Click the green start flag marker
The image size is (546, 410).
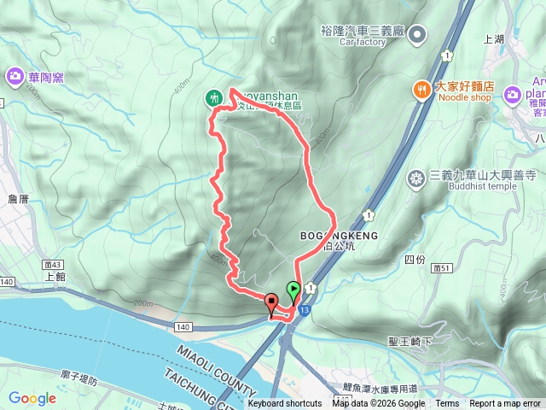293,290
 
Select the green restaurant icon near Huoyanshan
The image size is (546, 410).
213,98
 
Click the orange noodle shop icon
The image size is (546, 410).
421,88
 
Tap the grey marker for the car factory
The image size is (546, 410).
417,35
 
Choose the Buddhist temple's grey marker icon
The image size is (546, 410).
416,179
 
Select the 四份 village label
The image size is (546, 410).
415,259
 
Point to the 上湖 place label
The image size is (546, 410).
494,38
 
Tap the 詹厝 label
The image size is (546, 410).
18,198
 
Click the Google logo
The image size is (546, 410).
32,398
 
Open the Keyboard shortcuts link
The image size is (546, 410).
285,404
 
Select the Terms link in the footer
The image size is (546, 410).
447,404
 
